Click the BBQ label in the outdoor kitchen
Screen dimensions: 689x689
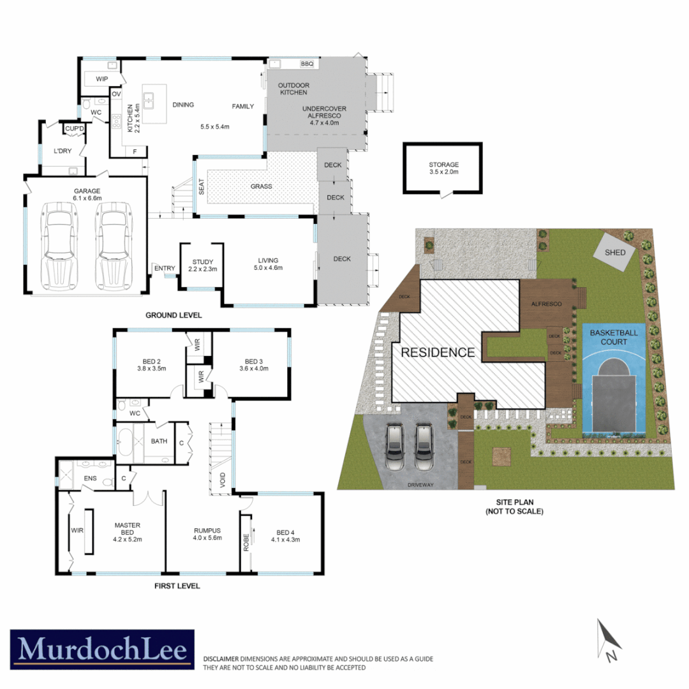pos(307,64)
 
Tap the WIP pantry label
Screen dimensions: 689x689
pos(101,79)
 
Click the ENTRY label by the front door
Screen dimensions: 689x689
pos(164,269)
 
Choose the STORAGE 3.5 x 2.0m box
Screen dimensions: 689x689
pos(443,168)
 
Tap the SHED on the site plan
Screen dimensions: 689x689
pos(615,253)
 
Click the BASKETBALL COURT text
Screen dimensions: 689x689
pos(613,337)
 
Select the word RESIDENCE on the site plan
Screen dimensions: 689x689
pos(438,352)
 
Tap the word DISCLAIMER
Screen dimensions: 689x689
pos(221,658)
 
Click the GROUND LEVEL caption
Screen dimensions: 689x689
pos(174,315)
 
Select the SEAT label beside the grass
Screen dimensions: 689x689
pos(201,187)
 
